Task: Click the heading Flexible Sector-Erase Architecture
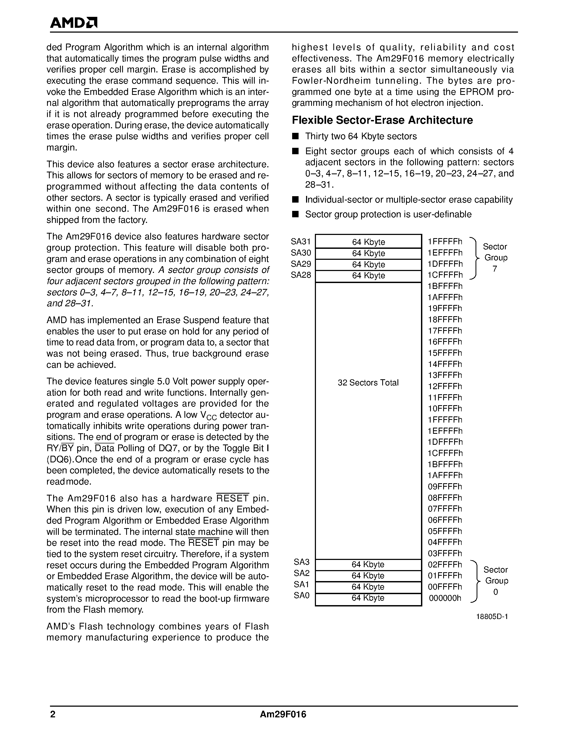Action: pyautogui.click(x=382, y=120)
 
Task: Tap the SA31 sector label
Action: pyautogui.click(x=301, y=242)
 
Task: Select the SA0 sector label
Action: pyautogui.click(x=302, y=596)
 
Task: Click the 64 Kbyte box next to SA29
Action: pyautogui.click(x=368, y=265)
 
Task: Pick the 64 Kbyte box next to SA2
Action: pyautogui.click(x=368, y=576)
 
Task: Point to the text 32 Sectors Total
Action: pyautogui.click(x=368, y=383)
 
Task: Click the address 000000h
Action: pyautogui.click(x=445, y=598)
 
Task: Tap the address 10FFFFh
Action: pyautogui.click(x=445, y=409)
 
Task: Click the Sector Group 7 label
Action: pyautogui.click(x=495, y=258)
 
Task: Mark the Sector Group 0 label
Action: pyautogui.click(x=496, y=581)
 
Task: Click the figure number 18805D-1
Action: pyautogui.click(x=492, y=617)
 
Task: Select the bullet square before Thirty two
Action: pyautogui.click(x=295, y=136)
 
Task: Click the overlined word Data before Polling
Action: pyautogui.click(x=105, y=448)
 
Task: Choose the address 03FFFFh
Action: pyautogui.click(x=445, y=554)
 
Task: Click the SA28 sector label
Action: pyautogui.click(x=301, y=275)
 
